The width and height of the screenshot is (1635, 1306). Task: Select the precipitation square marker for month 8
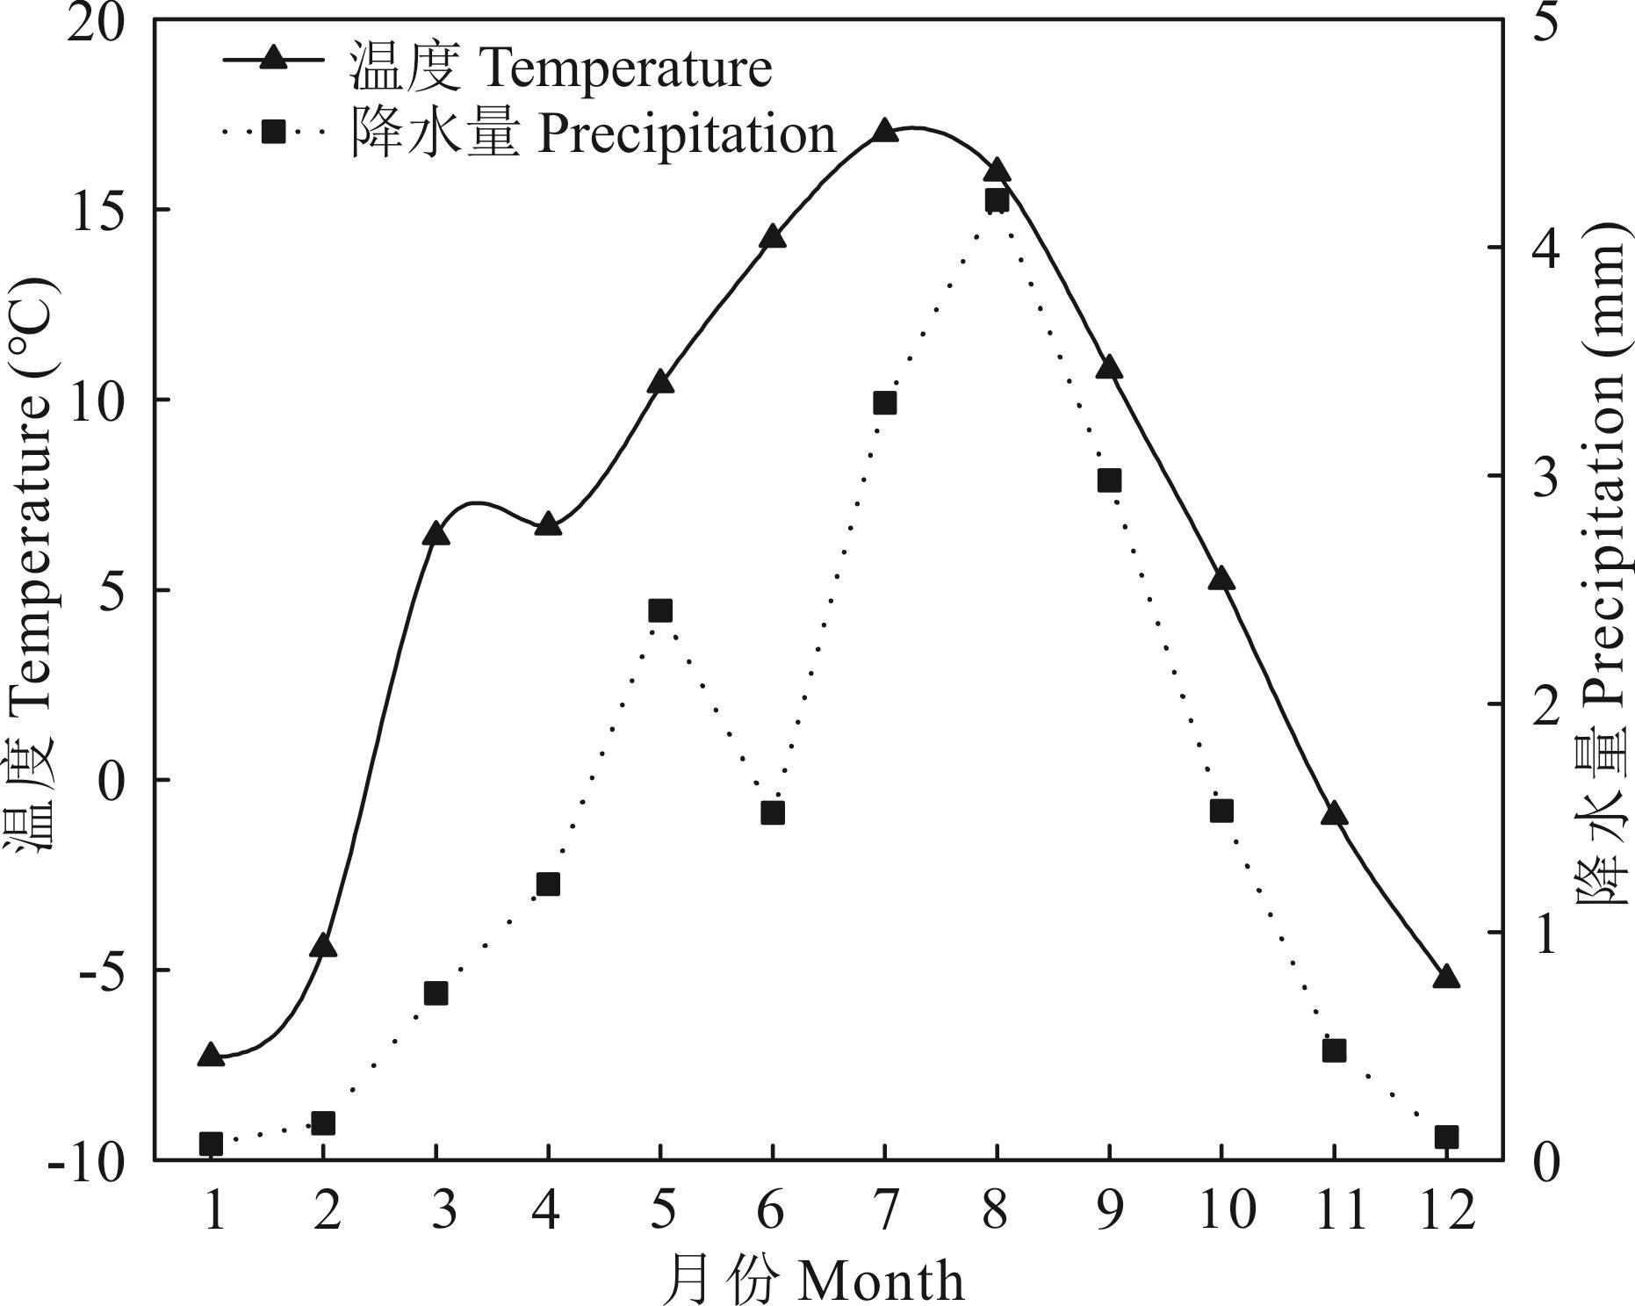[997, 200]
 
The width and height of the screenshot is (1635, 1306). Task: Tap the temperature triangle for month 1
[211, 1056]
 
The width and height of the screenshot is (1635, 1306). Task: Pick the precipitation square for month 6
[773, 812]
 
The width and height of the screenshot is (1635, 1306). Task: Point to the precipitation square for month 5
[660, 610]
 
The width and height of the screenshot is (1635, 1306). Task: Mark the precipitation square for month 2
[323, 1123]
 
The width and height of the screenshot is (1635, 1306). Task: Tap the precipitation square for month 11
[1334, 1050]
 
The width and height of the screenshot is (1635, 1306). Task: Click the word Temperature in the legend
[626, 69]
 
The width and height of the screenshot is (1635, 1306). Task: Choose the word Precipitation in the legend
[687, 134]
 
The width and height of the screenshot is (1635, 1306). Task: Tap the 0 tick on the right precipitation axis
[1545, 1161]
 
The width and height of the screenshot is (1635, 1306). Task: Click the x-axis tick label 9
[1109, 1210]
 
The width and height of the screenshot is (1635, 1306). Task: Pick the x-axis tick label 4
[546, 1210]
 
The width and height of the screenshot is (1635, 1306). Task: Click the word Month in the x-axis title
[882, 1281]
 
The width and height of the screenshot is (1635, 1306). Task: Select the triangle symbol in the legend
[274, 59]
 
